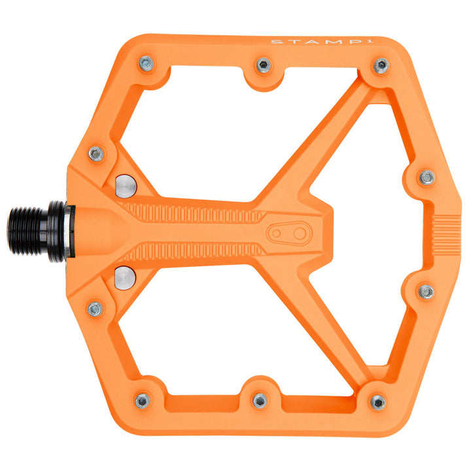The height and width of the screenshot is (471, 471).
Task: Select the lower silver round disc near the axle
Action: [125, 277]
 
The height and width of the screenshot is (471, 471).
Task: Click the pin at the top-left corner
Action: [146, 63]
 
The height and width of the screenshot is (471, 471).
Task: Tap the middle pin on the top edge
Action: [263, 64]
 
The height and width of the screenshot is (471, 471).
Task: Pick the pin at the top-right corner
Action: [380, 65]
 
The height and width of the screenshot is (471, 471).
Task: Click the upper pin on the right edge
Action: [427, 177]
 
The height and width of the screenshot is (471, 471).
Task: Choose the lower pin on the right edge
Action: [427, 291]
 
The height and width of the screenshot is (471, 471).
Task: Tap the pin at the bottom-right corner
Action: [377, 402]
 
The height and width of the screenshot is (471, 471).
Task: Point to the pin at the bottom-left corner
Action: [143, 400]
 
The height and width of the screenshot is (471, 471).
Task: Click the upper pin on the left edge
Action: [96, 154]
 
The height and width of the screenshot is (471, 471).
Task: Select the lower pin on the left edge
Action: [95, 308]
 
